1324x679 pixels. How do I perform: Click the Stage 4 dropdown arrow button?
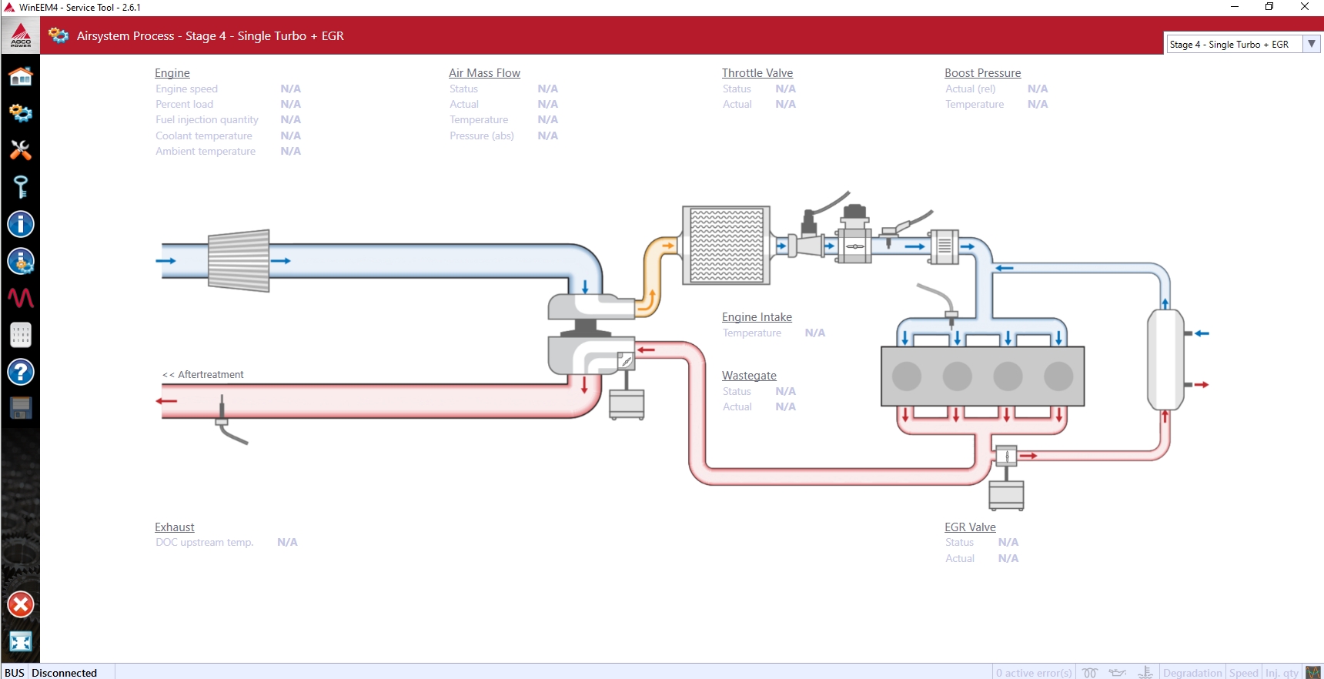(x=1312, y=44)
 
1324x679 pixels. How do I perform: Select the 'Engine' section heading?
(x=172, y=73)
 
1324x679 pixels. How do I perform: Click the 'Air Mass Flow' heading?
(x=484, y=73)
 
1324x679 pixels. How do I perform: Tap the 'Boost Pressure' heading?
(x=982, y=73)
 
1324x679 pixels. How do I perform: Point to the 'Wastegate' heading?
(x=749, y=376)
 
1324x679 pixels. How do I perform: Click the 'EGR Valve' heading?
(x=970, y=527)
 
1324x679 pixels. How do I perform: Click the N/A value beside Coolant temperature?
(x=290, y=135)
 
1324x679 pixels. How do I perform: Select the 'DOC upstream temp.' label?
(x=204, y=543)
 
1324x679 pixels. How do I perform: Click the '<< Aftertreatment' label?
(x=203, y=375)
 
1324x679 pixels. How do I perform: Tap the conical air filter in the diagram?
(x=239, y=260)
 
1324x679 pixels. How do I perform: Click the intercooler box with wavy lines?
(x=727, y=246)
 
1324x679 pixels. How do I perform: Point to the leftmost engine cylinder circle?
(x=907, y=376)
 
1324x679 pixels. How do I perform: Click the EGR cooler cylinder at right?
(x=1165, y=359)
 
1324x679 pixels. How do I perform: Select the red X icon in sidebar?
(x=21, y=604)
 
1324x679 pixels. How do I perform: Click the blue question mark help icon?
(x=21, y=372)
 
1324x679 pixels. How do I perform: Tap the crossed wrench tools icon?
(x=21, y=149)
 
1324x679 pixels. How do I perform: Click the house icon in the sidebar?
(x=21, y=76)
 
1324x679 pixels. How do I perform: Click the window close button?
(x=1305, y=7)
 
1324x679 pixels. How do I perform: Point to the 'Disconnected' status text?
(x=65, y=673)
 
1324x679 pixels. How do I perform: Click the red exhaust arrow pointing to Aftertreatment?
(x=166, y=401)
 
